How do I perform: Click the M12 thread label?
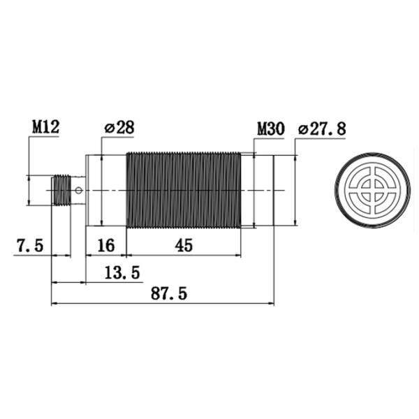[45, 128]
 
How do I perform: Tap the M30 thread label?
[270, 129]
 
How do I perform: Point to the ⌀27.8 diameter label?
[321, 129]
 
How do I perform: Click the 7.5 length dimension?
[30, 246]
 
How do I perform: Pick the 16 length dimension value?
[105, 246]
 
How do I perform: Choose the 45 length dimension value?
[184, 246]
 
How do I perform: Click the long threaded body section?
[183, 190]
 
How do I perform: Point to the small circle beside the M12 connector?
[80, 190]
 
